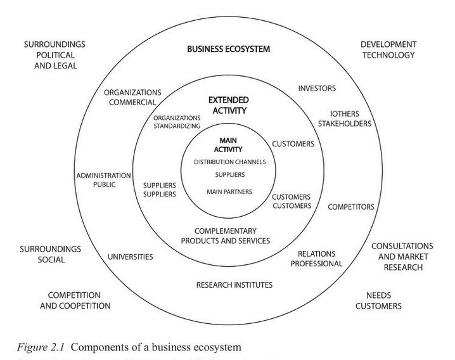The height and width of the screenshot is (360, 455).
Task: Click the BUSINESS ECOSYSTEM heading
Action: click(x=228, y=49)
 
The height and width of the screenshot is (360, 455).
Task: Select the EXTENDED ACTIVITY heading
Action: click(x=228, y=105)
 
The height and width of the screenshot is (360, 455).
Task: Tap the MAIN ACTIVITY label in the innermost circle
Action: click(x=228, y=144)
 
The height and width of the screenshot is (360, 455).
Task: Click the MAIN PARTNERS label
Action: click(x=229, y=191)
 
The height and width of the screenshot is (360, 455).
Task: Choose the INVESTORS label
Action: click(x=317, y=88)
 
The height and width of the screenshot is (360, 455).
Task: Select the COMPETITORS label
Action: click(x=350, y=207)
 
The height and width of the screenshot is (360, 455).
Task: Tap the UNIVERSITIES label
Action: click(x=131, y=257)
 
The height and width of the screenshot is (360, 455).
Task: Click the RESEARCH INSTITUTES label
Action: click(x=234, y=285)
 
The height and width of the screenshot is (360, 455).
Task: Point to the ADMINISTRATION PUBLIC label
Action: click(x=103, y=181)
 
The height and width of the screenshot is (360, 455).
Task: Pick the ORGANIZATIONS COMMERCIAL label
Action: click(x=132, y=97)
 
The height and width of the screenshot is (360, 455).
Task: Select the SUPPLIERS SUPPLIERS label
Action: click(x=160, y=189)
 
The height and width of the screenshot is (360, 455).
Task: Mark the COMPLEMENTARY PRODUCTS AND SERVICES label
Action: click(x=226, y=236)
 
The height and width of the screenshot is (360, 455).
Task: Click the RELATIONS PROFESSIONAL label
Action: click(x=316, y=258)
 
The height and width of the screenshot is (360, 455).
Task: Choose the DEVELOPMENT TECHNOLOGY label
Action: click(x=388, y=49)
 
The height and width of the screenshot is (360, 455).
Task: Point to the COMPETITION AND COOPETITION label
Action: click(x=79, y=300)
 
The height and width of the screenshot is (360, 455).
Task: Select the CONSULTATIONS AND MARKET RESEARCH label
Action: click(x=402, y=256)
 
